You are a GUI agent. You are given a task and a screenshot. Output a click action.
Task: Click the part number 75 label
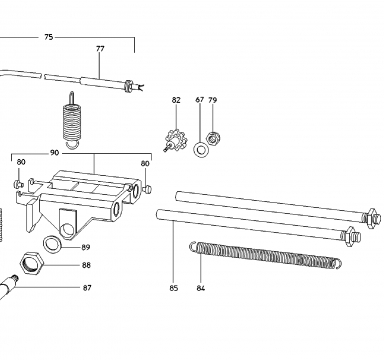[49, 37]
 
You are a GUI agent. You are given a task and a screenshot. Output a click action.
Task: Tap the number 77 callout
[100, 49]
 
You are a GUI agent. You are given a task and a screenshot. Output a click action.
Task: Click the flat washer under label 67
[200, 149]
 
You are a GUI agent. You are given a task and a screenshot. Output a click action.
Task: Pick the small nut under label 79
[213, 138]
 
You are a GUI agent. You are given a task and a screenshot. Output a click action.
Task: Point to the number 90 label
[54, 153]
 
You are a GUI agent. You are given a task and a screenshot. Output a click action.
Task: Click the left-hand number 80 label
[21, 162]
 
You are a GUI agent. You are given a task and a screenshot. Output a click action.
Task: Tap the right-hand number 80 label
[145, 163]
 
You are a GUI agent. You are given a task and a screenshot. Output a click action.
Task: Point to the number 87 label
[87, 288]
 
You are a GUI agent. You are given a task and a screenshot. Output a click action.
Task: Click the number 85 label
[174, 288]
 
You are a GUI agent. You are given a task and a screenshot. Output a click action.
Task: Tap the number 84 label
[200, 288]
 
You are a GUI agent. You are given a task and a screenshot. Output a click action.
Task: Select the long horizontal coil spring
[266, 254]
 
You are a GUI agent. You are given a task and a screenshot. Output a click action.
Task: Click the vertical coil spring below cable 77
[72, 121]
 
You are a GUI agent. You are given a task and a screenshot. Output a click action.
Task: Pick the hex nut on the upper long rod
[372, 218]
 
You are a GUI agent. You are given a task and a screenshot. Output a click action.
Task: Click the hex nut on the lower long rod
[351, 236]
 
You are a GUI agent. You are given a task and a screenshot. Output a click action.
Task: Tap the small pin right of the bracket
[147, 189]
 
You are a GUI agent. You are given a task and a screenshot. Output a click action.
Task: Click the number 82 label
[176, 100]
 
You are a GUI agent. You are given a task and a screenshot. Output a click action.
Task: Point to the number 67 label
[200, 100]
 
